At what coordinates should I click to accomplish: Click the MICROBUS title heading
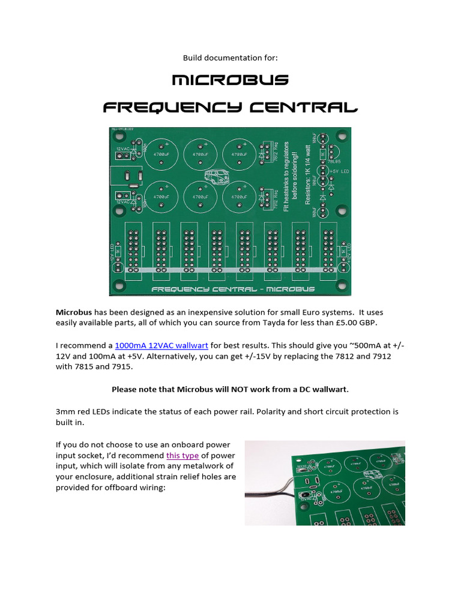[x=230, y=80]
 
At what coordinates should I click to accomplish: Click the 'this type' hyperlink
[x=182, y=455]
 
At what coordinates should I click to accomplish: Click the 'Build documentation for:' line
[x=230, y=58]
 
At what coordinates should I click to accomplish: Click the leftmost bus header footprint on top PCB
[x=132, y=250]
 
